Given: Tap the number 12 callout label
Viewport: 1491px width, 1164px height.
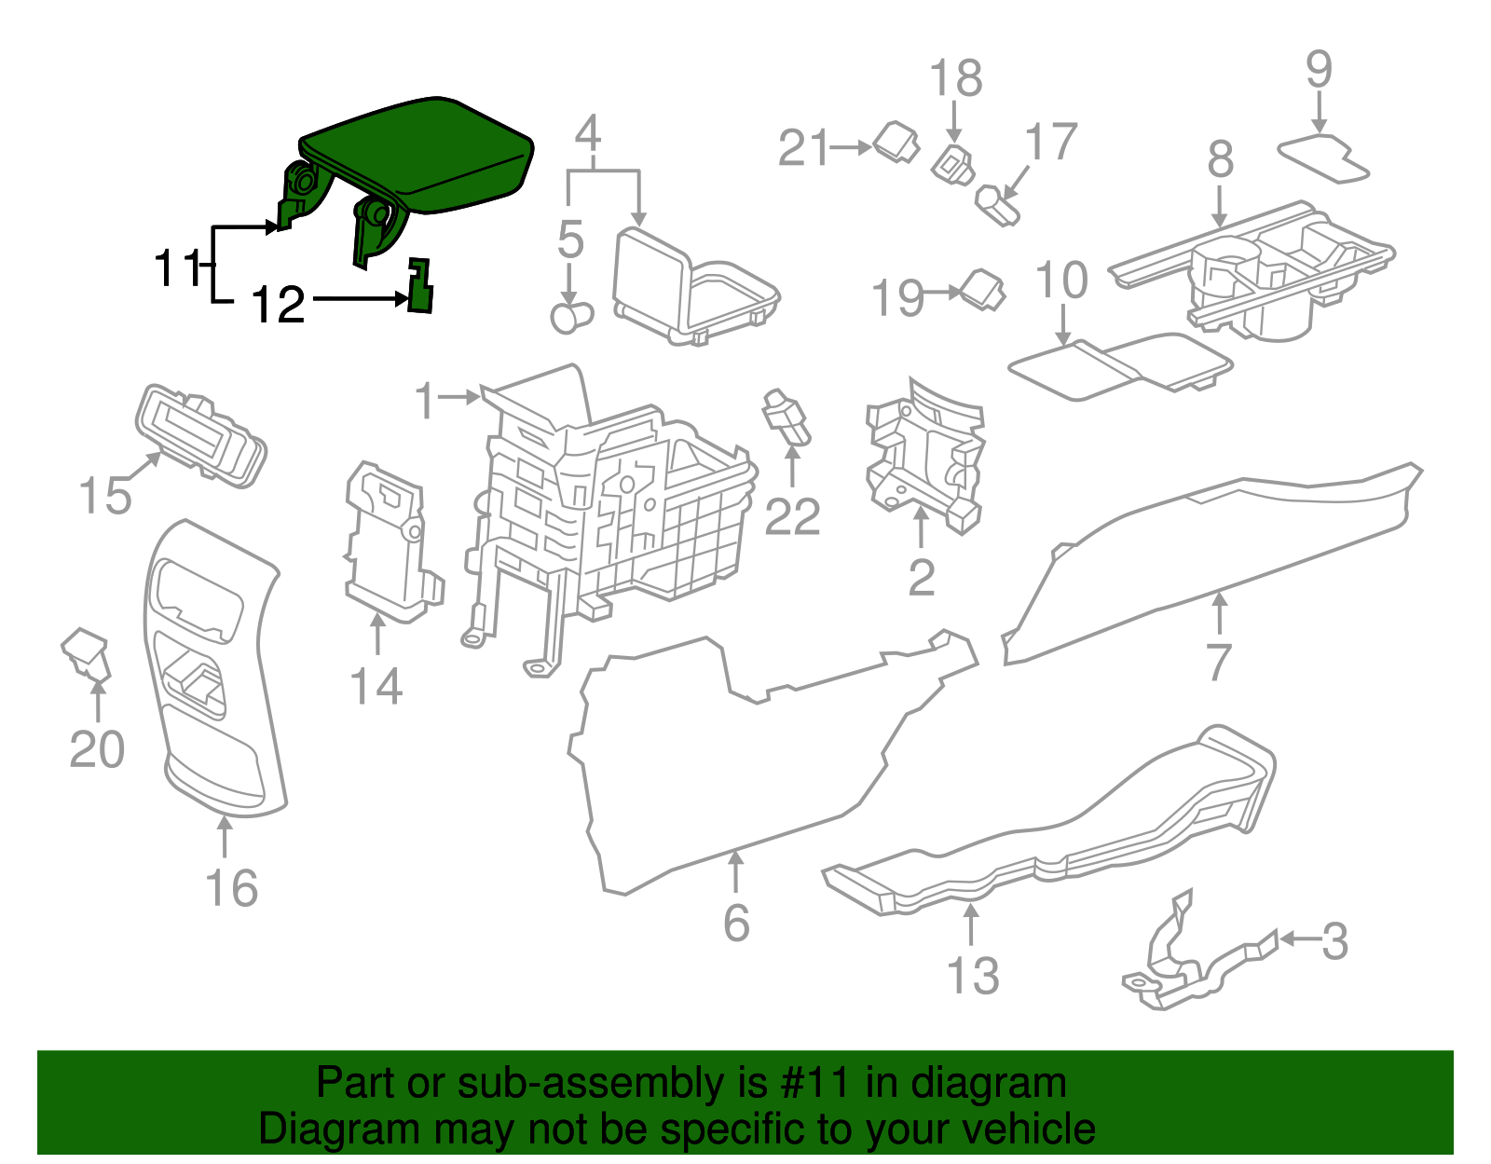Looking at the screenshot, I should point(279,304).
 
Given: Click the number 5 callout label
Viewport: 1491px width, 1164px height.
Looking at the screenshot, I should point(570,240).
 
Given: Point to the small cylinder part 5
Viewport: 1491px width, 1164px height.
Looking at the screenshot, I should point(570,316).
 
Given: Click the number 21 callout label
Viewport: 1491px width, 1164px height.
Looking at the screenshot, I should point(803,148).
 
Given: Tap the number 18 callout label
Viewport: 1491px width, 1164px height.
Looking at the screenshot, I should point(956,78).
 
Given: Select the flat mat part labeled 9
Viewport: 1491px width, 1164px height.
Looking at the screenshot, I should point(1323,157).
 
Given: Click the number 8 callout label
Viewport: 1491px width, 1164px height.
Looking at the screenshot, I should point(1221,159).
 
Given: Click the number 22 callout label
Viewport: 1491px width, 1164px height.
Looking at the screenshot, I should point(792,516).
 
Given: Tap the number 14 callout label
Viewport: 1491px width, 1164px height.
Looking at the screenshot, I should point(376,687).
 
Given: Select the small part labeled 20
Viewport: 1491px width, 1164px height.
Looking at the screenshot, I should point(86,652).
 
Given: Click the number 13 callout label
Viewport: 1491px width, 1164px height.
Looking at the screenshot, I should point(972,976).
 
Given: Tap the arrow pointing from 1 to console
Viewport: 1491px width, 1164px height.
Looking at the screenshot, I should point(458,397).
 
